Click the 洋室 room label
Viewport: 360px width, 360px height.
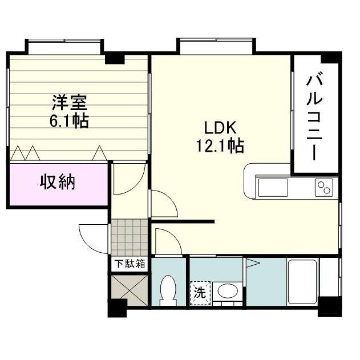(70, 103)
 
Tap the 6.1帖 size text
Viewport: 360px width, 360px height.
(70, 120)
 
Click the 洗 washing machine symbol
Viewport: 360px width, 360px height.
(200, 293)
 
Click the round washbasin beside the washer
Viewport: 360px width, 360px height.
(229, 292)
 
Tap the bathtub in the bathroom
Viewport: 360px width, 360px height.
(302, 283)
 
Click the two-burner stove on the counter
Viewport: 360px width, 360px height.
(323, 187)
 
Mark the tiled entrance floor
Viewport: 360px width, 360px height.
(129, 237)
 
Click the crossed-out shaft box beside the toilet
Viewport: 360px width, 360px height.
(129, 289)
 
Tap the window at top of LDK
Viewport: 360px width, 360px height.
(215, 46)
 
